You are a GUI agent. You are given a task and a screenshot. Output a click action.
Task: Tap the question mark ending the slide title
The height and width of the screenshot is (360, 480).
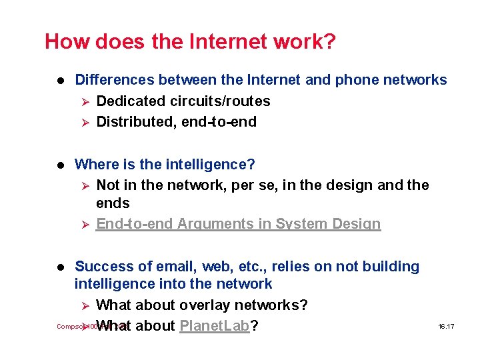[329, 42]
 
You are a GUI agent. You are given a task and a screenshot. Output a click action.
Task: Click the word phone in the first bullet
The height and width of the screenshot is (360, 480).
[357, 80]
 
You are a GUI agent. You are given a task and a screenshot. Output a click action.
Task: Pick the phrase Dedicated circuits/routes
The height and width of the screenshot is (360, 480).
[183, 101]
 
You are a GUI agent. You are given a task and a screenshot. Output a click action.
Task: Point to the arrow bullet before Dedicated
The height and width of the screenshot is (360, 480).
[84, 101]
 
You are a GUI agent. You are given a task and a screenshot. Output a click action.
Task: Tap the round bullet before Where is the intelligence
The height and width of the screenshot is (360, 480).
[59, 164]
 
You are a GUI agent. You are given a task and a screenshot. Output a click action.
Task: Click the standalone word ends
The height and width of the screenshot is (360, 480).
[113, 203]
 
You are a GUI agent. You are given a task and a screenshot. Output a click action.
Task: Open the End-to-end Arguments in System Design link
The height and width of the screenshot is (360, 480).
[238, 224]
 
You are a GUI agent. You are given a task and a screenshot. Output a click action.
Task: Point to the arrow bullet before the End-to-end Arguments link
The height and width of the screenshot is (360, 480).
[84, 224]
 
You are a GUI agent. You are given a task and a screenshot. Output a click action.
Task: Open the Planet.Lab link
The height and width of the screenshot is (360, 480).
[215, 326]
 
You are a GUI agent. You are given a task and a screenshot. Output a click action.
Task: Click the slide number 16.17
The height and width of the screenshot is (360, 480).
[446, 327]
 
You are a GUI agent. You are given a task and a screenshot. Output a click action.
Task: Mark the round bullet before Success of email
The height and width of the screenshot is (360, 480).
[59, 267]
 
